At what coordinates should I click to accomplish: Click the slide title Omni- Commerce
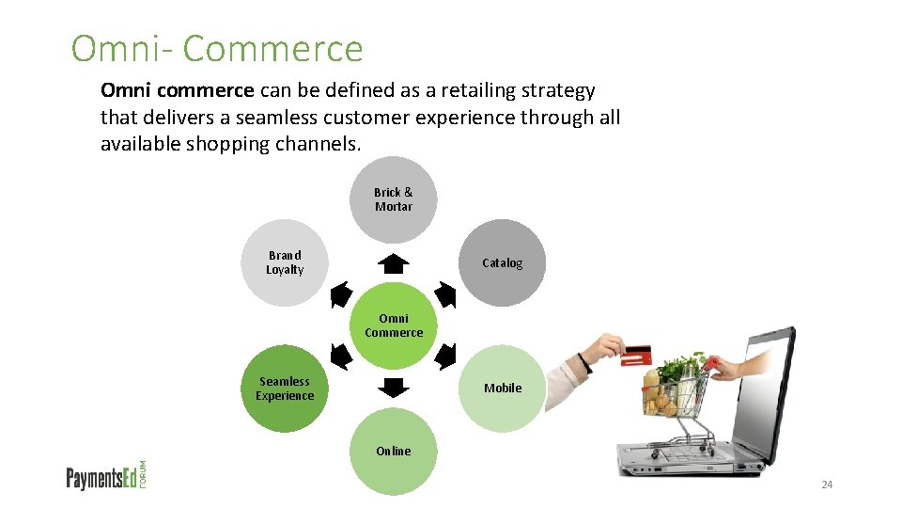point(217,49)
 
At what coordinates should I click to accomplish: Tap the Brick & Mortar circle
point(394,199)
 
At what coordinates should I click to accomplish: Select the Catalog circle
point(503,262)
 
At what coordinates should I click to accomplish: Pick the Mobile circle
point(503,388)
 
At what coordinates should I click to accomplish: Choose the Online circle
point(394,452)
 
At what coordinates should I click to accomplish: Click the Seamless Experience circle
point(285,389)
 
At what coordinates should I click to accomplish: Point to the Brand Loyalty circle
point(285,262)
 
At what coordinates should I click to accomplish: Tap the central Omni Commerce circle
point(394,325)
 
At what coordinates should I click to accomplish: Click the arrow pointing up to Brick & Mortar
point(394,263)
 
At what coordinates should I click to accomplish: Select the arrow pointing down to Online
point(394,387)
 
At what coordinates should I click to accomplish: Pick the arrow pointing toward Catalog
point(445,296)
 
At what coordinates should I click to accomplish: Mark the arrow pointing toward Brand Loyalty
point(342,296)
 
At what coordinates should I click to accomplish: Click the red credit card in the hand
point(637,355)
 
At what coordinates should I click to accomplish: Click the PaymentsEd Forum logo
point(107,476)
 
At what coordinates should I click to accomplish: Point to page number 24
point(827,484)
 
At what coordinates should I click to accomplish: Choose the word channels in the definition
point(316,145)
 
